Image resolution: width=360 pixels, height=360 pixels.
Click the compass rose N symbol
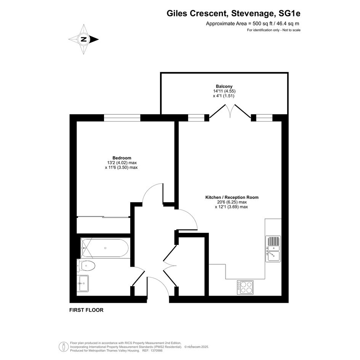tap(84, 39)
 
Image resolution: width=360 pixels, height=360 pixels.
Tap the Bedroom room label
tap(122, 158)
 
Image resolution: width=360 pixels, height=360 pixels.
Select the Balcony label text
tap(224, 86)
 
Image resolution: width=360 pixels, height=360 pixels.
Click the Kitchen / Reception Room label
tap(232, 197)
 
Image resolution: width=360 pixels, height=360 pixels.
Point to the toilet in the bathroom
tap(86, 266)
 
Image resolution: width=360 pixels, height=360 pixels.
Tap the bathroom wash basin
tap(83, 283)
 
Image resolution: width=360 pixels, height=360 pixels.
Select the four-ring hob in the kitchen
tap(245, 288)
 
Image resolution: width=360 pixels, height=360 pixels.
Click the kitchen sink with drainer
tap(273, 249)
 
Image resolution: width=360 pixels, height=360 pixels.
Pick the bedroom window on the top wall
tap(122, 118)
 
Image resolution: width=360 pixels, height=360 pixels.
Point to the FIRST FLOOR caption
tap(86, 310)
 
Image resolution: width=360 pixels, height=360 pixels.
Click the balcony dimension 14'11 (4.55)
tap(224, 91)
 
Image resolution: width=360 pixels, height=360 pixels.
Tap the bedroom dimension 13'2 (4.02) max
tap(122, 163)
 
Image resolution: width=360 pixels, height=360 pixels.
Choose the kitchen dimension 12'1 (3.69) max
tap(232, 206)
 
